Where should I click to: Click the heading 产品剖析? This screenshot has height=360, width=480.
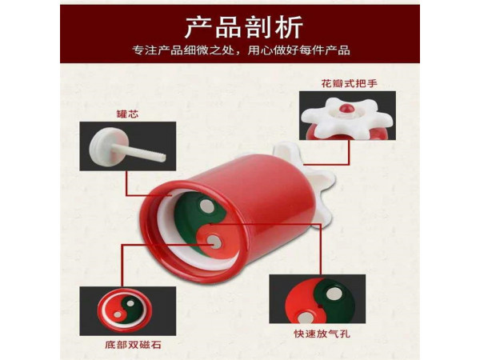(244, 27)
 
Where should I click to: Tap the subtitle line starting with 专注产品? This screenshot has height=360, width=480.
(242, 50)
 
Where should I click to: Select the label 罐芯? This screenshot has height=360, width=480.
(127, 114)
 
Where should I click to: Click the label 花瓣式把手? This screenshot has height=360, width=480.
(349, 83)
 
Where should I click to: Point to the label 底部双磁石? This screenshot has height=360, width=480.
(133, 345)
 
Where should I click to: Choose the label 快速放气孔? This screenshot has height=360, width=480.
(322, 334)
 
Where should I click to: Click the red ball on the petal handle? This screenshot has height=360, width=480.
(346, 108)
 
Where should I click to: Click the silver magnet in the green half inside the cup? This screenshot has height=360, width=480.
(206, 206)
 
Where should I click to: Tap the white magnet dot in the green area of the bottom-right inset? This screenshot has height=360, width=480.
(334, 294)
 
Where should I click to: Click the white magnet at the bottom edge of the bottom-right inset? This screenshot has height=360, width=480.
(305, 318)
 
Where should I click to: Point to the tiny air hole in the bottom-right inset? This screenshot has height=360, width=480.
(319, 306)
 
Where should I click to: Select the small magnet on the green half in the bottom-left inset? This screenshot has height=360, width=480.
(130, 303)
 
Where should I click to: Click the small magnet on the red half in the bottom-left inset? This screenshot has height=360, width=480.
(118, 314)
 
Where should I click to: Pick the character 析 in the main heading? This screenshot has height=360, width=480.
(290, 27)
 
